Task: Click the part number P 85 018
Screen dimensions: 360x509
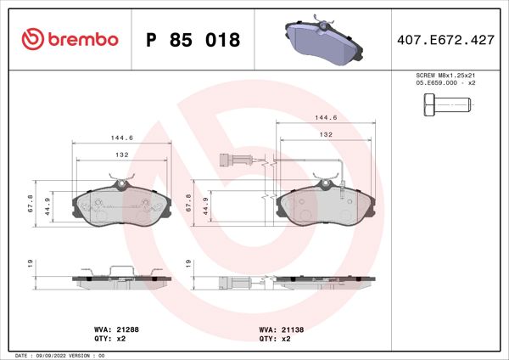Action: coord(193,39)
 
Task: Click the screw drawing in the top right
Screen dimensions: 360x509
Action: coord(445,105)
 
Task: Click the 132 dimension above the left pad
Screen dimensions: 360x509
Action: coord(121,155)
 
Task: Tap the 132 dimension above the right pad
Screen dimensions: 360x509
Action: coord(326,134)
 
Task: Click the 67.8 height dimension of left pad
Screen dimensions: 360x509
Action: coord(31,204)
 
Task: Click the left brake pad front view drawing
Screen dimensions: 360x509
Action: coord(121,205)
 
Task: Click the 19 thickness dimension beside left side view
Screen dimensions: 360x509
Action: coord(31,265)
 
